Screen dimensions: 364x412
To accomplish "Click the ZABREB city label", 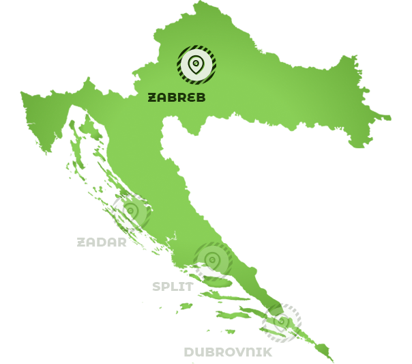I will [x=177, y=98].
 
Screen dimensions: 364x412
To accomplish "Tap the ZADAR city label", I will [x=102, y=242].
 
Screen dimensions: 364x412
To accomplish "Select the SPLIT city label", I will [x=172, y=286].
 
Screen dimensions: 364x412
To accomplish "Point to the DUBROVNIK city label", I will [x=228, y=352].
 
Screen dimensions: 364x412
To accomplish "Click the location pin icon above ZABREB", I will [x=196, y=64].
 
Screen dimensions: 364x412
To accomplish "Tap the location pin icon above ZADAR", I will [x=130, y=212].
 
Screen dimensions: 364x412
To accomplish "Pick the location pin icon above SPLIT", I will [x=213, y=260].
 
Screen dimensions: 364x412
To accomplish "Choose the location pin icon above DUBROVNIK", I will [x=282, y=322].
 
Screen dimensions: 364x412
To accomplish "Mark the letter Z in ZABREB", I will [x=152, y=98].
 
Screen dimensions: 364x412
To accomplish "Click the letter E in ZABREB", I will [x=190, y=98].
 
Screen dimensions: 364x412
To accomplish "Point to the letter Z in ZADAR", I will [x=81, y=242].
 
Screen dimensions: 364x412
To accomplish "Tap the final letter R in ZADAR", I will [x=122, y=242].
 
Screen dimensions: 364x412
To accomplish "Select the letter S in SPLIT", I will [x=157, y=286].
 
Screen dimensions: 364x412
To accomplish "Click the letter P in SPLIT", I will [x=166, y=286].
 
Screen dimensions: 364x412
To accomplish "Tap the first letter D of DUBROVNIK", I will [x=189, y=352].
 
